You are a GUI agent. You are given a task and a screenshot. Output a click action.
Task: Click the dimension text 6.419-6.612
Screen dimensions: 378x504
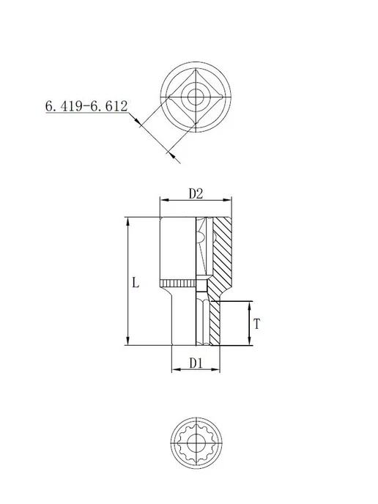tap(86, 106)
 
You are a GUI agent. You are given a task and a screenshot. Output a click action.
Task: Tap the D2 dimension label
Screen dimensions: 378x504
tap(196, 194)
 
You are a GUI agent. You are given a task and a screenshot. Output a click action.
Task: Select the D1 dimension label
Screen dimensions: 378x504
tap(196, 363)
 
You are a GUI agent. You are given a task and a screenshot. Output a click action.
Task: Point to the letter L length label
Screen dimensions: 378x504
tap(136, 283)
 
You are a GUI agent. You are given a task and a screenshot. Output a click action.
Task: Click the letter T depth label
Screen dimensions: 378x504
tap(256, 324)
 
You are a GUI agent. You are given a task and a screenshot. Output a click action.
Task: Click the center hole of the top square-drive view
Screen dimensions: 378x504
tap(196, 97)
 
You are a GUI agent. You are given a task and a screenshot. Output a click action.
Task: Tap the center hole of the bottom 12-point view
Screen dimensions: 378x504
tap(196, 443)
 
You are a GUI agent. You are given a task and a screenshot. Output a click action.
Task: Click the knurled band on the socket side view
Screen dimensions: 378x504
tap(178, 283)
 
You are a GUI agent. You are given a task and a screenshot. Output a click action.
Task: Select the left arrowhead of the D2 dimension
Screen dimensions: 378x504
tap(164, 200)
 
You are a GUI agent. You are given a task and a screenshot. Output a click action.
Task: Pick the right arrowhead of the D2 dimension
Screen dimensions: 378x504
tap(227, 200)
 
